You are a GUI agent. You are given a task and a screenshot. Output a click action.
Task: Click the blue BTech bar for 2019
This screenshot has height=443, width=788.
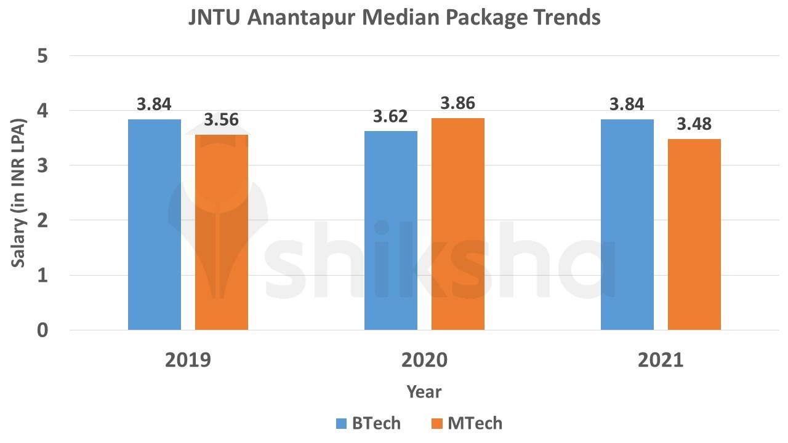pyautogui.click(x=155, y=225)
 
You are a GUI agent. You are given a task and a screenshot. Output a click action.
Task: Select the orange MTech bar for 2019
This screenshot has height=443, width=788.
pyautogui.click(x=222, y=233)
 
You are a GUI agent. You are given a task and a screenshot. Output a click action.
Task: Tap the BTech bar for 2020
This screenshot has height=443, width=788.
pyautogui.click(x=391, y=231)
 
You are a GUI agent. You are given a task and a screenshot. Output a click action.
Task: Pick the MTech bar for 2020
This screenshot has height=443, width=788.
pyautogui.click(x=458, y=224)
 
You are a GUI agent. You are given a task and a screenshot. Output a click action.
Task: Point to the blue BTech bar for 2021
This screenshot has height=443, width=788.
pyautogui.click(x=627, y=225)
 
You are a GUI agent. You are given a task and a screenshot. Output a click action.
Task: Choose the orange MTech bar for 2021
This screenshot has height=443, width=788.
pyautogui.click(x=694, y=234)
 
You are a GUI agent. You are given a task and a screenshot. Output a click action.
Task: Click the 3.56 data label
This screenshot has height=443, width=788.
pyautogui.click(x=222, y=120)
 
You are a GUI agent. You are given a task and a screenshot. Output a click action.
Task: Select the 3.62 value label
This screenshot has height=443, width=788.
pyautogui.click(x=391, y=116)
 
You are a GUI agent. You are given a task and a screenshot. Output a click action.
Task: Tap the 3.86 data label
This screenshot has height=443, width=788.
pyautogui.click(x=458, y=103)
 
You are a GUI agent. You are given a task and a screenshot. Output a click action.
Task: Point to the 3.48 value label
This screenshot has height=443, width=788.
pyautogui.click(x=694, y=124)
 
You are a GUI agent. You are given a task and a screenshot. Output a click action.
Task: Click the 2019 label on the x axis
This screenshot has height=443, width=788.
pyautogui.click(x=188, y=359)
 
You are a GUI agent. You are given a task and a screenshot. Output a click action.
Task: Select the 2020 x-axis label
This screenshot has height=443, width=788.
pyautogui.click(x=424, y=359)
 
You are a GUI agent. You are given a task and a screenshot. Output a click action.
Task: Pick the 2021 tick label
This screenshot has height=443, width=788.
pyautogui.click(x=661, y=359)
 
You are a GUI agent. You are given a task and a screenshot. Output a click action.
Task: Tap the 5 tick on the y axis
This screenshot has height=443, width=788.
pyautogui.click(x=42, y=56)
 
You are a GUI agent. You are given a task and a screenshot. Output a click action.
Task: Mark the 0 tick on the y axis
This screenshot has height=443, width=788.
pyautogui.click(x=42, y=330)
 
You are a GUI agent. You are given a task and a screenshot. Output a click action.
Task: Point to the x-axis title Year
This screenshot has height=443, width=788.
pyautogui.click(x=424, y=392)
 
